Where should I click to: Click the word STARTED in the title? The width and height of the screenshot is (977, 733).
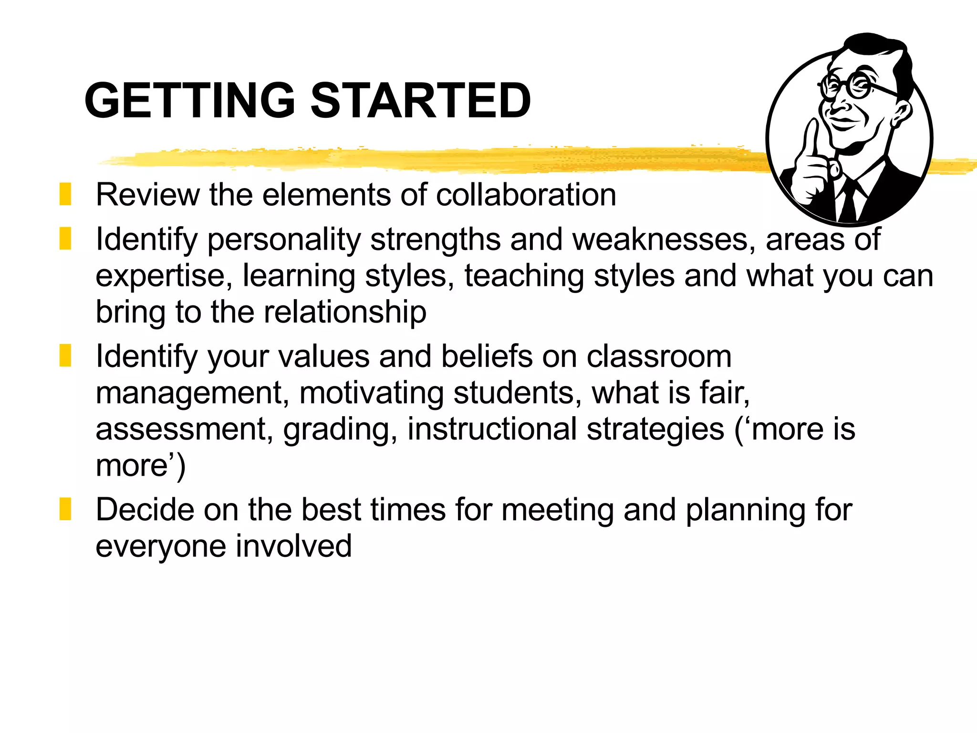pyautogui.click(x=421, y=100)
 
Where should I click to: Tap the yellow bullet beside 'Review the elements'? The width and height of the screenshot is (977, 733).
pyautogui.click(x=65, y=194)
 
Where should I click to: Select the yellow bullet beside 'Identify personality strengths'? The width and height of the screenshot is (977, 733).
pyautogui.click(x=65, y=238)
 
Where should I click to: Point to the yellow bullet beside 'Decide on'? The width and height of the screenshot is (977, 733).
pyautogui.click(x=65, y=509)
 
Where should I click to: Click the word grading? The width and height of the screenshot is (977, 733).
pyautogui.click(x=340, y=429)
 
